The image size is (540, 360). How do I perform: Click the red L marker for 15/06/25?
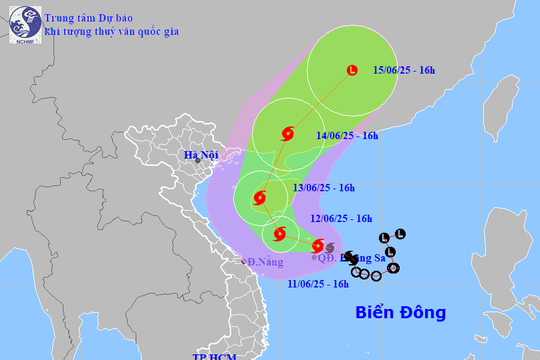tap(351, 70)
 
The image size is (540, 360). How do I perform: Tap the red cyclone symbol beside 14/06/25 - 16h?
tap(288, 132)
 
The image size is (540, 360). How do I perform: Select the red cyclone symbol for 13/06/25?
tap(260, 197)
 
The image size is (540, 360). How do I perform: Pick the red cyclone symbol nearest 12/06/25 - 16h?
tap(279, 235)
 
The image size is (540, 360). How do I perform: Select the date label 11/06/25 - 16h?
tap(317, 284)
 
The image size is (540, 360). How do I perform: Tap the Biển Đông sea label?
tap(400, 313)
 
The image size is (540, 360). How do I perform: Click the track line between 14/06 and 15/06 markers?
tap(320, 101)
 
